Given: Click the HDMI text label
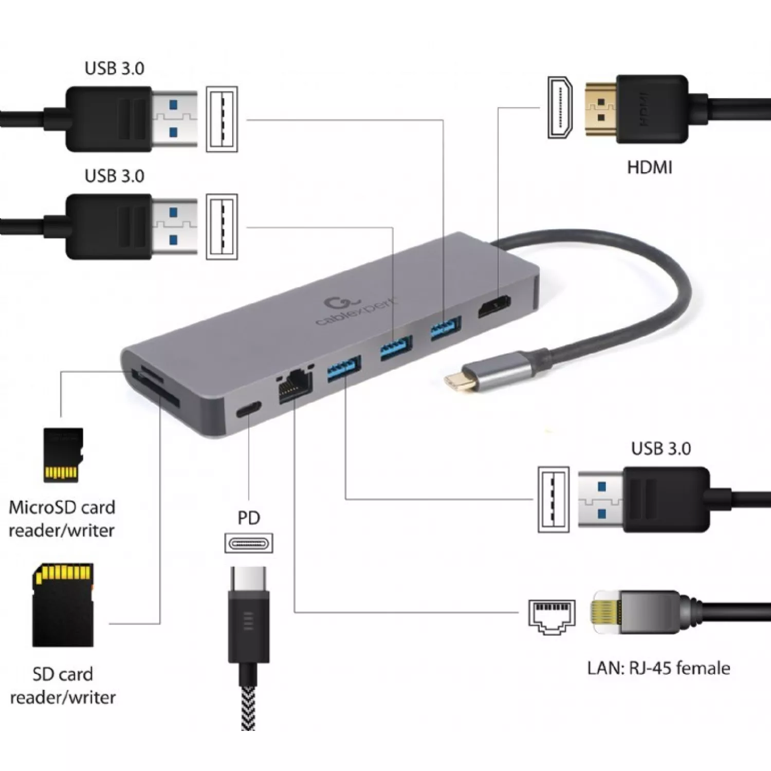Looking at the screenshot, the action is [x=649, y=167].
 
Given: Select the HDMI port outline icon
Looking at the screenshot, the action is [x=560, y=107].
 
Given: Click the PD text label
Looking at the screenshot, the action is [x=249, y=518].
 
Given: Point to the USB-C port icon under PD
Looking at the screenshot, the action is [x=249, y=543].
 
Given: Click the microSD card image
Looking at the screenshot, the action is [x=63, y=455].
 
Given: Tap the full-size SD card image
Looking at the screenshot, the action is [x=63, y=605].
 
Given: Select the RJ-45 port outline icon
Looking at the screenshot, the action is [x=552, y=616].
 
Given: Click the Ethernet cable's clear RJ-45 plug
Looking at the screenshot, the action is [x=607, y=612].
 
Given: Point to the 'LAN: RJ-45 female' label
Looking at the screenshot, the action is [x=658, y=668].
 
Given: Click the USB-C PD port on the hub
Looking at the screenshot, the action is [x=248, y=409].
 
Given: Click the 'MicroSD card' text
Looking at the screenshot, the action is [x=62, y=507].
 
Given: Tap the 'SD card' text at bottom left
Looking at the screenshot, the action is [x=63, y=674].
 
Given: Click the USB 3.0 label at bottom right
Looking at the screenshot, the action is [x=660, y=448].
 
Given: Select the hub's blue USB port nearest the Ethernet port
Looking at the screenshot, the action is [x=344, y=369].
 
